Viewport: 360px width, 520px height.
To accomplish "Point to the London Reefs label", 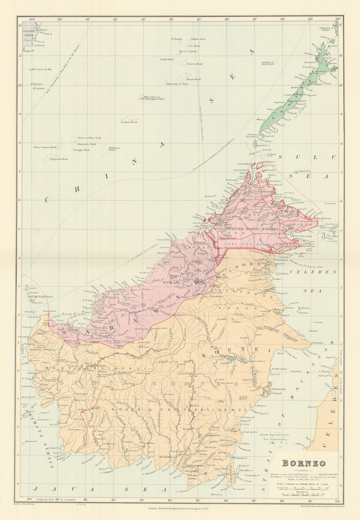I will pos(129,122).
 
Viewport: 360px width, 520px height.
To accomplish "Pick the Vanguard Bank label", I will pos(59,159).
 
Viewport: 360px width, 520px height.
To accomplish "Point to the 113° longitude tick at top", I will pos(143,19).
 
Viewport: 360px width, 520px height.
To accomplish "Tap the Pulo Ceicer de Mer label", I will pos(42,69).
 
